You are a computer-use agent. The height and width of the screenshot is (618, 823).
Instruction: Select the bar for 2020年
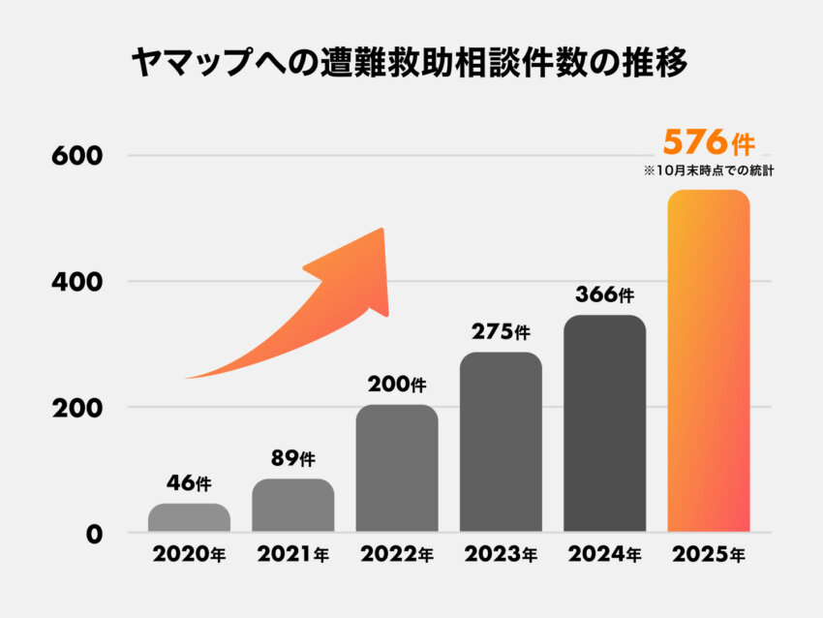coord(189,517)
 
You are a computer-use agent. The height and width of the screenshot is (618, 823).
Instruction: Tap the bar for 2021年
coord(293,505)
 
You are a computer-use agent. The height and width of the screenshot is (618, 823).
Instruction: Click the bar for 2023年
coord(501,442)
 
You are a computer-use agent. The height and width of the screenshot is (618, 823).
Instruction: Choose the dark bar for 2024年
coord(604,423)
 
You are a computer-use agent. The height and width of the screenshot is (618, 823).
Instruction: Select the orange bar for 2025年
coord(709,360)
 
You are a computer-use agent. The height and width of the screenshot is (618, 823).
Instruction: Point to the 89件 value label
coord(292,458)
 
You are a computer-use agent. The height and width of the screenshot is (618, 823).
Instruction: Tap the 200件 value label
coord(397,384)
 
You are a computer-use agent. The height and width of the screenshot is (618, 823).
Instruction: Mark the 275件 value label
coord(501,331)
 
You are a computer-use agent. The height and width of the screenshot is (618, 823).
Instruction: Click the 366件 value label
coord(605,294)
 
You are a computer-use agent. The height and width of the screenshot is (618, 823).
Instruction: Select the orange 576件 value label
coord(708,143)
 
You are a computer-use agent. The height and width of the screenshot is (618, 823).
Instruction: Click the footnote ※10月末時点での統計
coord(711,170)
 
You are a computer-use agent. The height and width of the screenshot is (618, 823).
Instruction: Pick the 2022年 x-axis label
coord(397,556)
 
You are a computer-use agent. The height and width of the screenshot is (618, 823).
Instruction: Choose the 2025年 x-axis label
coord(709,556)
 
